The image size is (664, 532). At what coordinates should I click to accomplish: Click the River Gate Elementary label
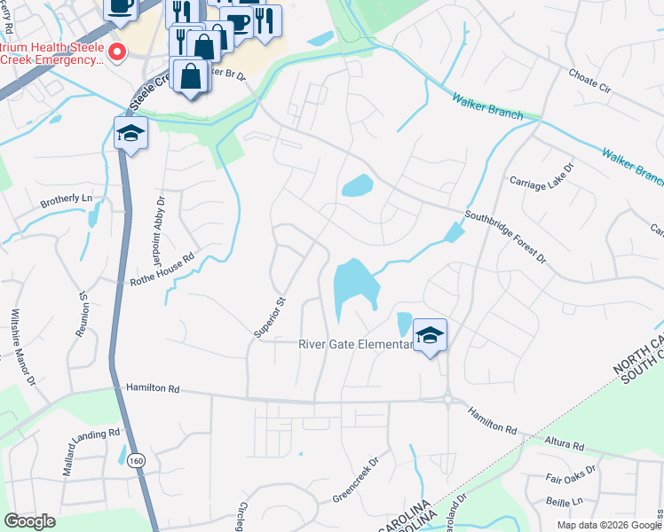[x=356, y=344]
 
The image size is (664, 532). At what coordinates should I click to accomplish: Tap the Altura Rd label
[x=565, y=445]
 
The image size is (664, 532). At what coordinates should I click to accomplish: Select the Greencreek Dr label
[x=355, y=476]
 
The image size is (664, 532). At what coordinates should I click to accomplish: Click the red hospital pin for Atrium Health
[x=115, y=55]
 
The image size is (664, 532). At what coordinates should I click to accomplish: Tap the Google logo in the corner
[x=30, y=520]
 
